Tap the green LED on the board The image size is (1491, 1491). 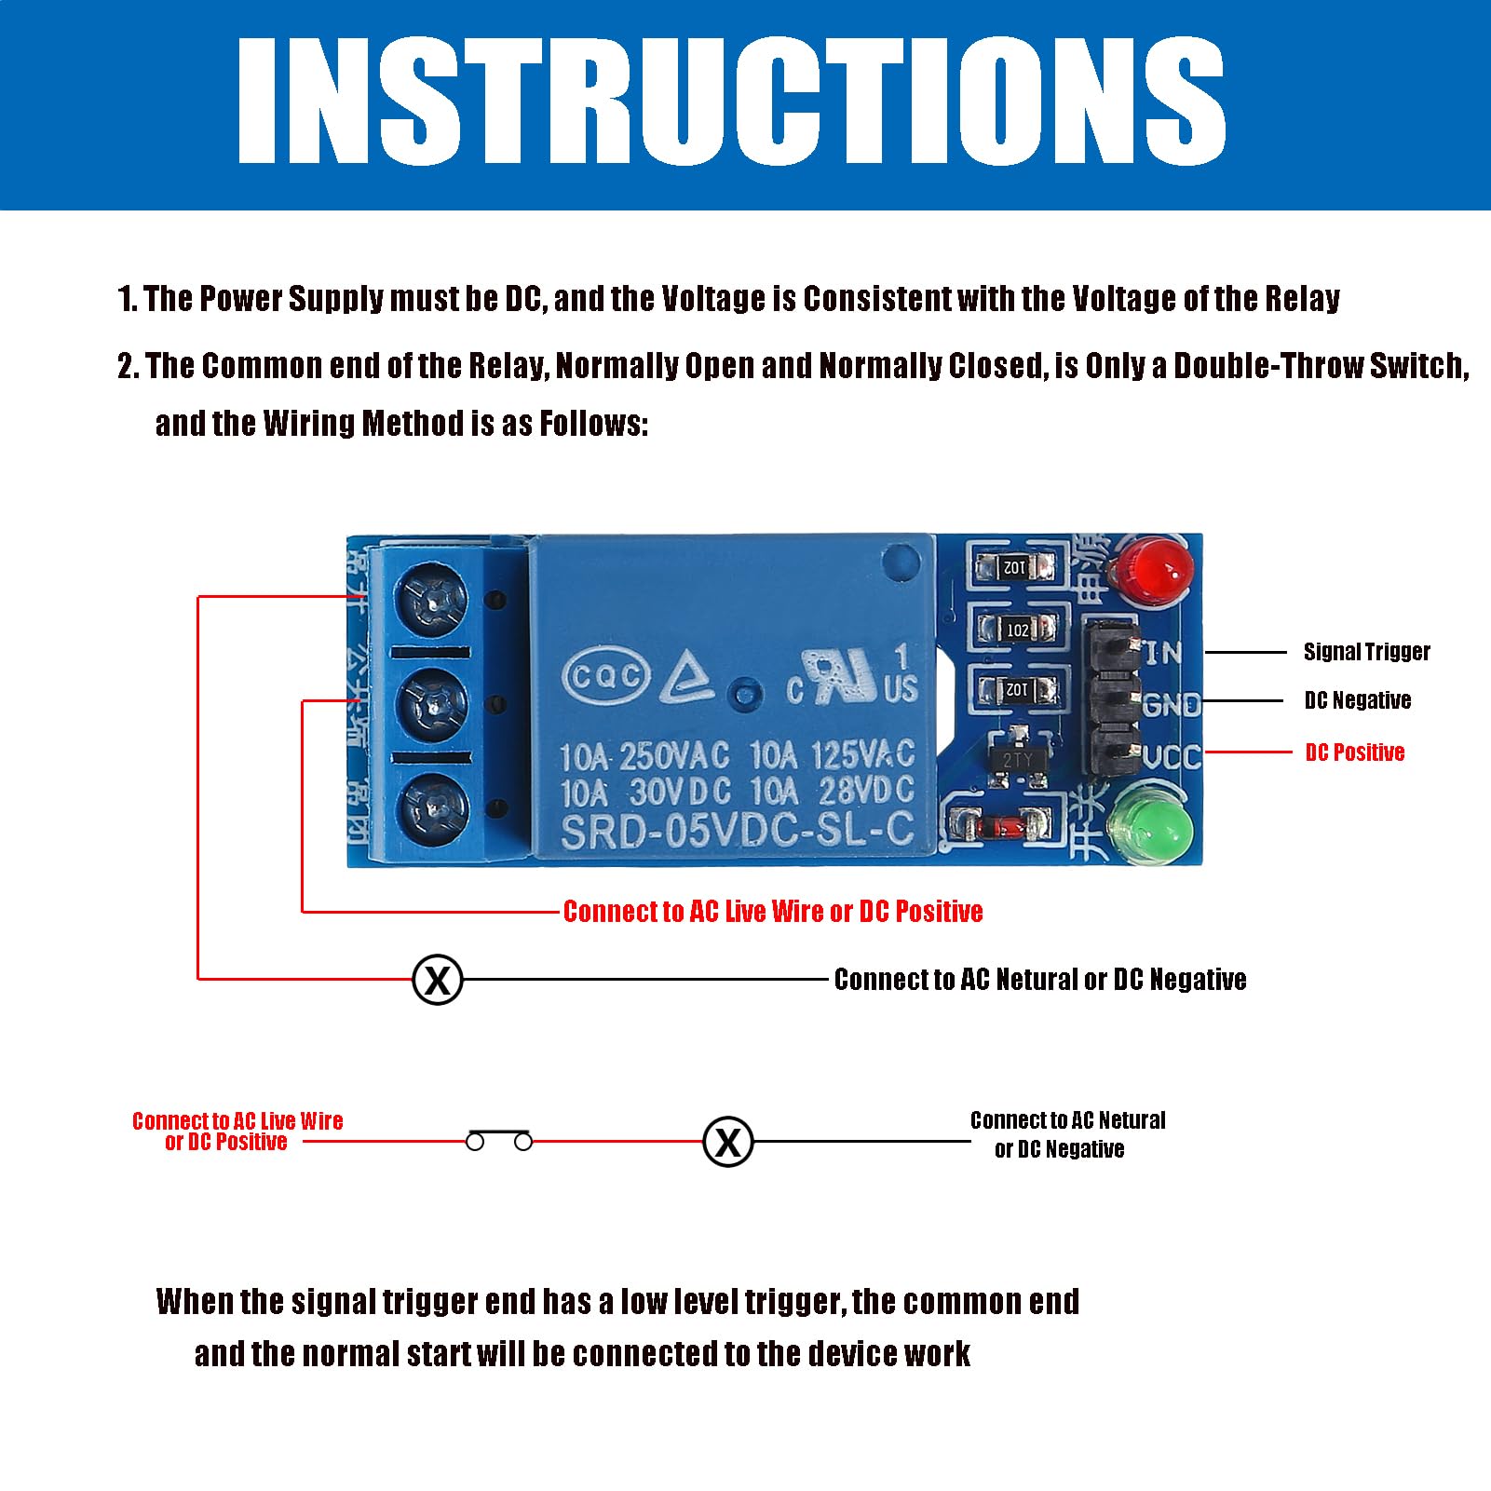(x=1150, y=824)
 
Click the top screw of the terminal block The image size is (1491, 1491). (x=432, y=602)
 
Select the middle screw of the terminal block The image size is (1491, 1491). (x=432, y=706)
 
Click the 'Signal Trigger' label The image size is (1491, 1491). (x=1365, y=652)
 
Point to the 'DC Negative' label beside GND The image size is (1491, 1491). (x=1357, y=700)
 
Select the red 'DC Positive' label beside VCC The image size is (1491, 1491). (x=1354, y=752)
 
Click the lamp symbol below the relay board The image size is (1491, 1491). (x=438, y=980)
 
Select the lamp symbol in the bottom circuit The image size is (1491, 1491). (x=727, y=1142)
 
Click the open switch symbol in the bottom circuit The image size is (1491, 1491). (x=499, y=1139)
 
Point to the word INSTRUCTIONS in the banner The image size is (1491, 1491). (x=731, y=102)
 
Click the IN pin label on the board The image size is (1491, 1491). (x=1163, y=653)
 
